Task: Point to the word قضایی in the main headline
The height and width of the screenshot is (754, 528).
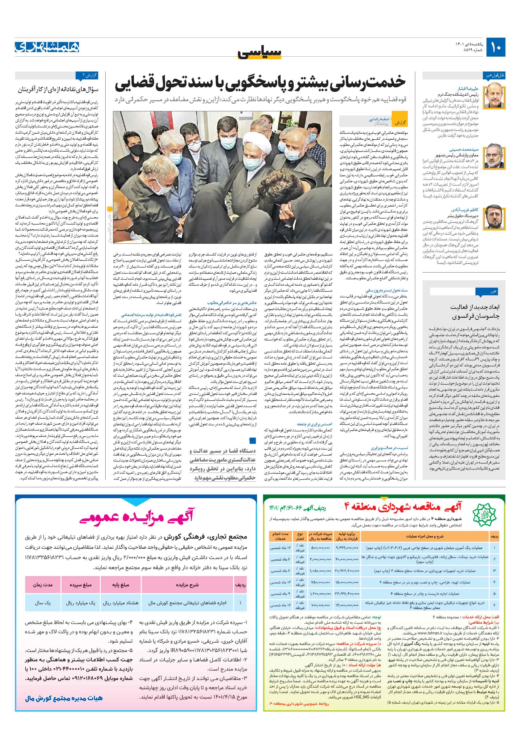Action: [x=135, y=83]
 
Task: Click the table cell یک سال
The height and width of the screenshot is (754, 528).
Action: [x=43, y=603]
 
